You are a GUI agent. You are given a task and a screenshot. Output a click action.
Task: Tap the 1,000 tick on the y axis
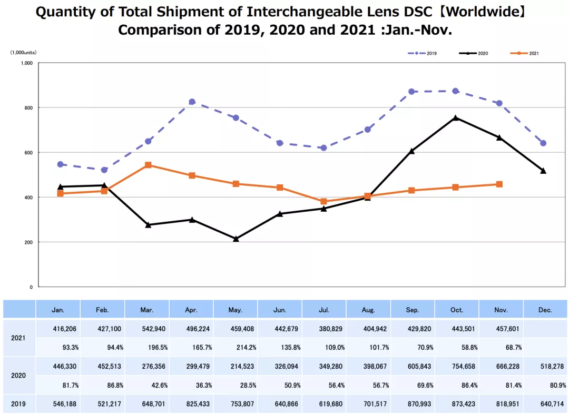[27, 63]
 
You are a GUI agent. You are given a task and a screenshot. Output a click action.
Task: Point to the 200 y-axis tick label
[28, 242]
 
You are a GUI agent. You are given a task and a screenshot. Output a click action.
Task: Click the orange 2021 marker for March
[148, 165]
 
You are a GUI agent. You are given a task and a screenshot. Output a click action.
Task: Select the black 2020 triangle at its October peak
[455, 118]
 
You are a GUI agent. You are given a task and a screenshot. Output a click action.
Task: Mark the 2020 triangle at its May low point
[236, 239]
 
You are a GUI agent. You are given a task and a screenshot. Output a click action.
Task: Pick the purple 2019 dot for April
[192, 102]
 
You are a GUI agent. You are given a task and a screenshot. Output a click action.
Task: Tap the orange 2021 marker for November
[499, 184]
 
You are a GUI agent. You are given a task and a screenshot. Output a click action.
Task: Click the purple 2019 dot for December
[543, 143]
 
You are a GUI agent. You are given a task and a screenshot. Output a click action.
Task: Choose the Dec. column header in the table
[545, 310]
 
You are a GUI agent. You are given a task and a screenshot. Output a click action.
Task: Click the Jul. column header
[324, 310]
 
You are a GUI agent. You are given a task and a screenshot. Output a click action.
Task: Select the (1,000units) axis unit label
[23, 53]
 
